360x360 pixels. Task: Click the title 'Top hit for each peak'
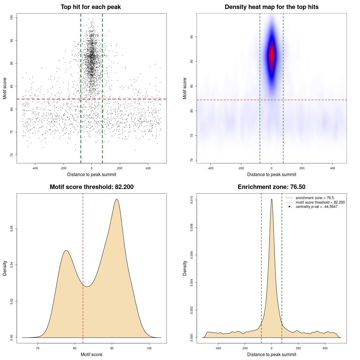click(91, 7)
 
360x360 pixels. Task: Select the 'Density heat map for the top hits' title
click(271, 7)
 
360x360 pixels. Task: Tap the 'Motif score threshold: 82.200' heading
click(91, 187)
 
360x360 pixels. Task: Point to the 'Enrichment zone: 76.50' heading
click(271, 187)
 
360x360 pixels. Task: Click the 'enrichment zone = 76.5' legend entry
click(314, 198)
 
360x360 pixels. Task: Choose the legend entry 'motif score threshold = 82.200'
click(320, 202)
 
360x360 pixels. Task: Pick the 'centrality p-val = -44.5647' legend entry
click(316, 207)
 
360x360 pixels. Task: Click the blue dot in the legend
click(289, 207)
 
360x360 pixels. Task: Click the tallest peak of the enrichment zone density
click(272, 199)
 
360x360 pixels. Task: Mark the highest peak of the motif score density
click(117, 199)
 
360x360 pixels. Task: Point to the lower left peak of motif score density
click(66, 251)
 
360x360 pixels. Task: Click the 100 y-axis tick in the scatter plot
click(12, 18)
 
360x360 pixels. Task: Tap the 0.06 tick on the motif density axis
click(12, 229)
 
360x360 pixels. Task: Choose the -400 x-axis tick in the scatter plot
click(35, 168)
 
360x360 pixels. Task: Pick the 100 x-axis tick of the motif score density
click(149, 348)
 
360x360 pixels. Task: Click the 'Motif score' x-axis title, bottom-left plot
click(91, 355)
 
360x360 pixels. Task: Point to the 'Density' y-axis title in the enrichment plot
click(185, 268)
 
